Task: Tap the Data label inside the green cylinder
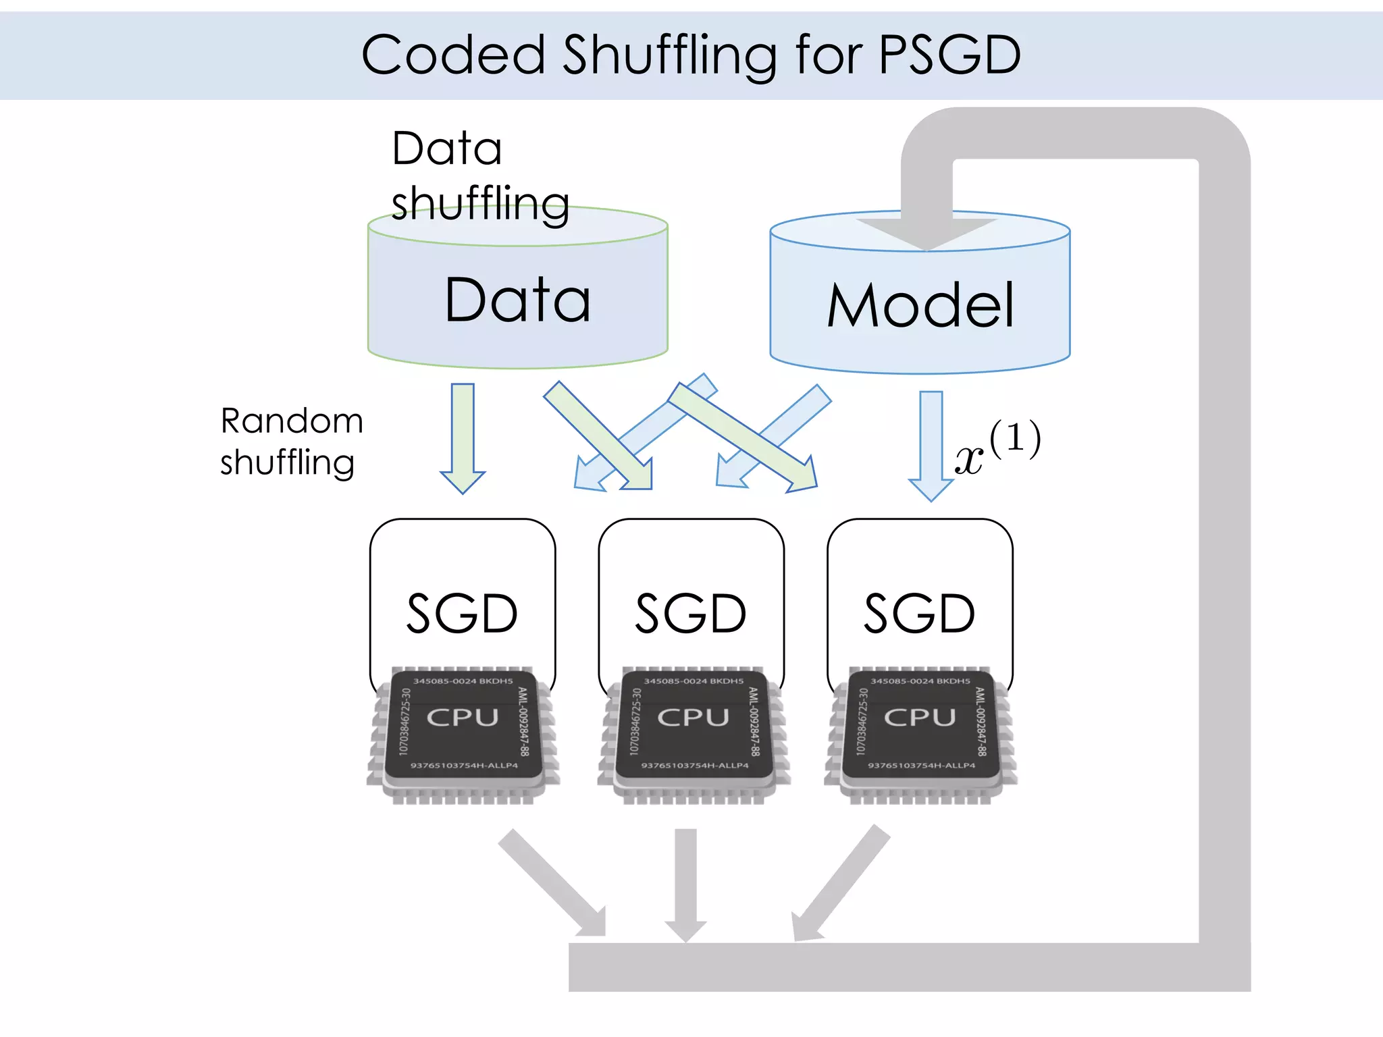pyautogui.click(x=517, y=300)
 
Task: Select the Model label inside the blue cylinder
pyautogui.click(x=920, y=306)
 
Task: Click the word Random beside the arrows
pyautogui.click(x=292, y=421)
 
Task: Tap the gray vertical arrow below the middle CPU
pyautogui.click(x=685, y=884)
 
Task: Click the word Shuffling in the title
pyautogui.click(x=669, y=55)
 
